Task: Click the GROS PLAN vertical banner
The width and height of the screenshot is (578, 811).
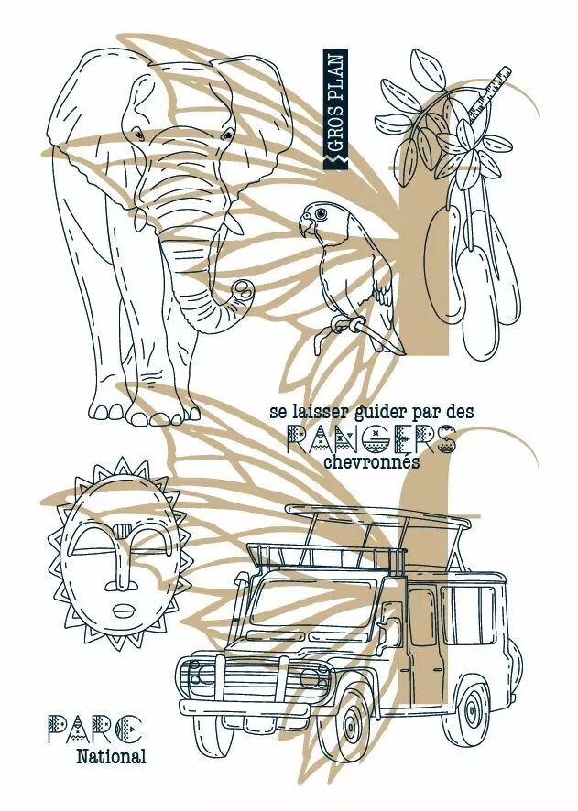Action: coord(335,109)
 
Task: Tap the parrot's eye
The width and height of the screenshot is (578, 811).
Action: coord(322,213)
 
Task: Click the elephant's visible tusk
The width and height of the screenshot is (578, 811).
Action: coord(234,223)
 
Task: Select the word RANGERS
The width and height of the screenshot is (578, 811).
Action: coord(371,439)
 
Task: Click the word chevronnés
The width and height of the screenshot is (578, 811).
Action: coord(371,462)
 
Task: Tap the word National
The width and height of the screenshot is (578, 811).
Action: coord(111,757)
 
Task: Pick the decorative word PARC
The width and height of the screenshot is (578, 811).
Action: coord(94,730)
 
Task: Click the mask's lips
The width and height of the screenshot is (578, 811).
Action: coord(123,611)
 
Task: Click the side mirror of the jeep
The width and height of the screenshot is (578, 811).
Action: coord(388,629)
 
